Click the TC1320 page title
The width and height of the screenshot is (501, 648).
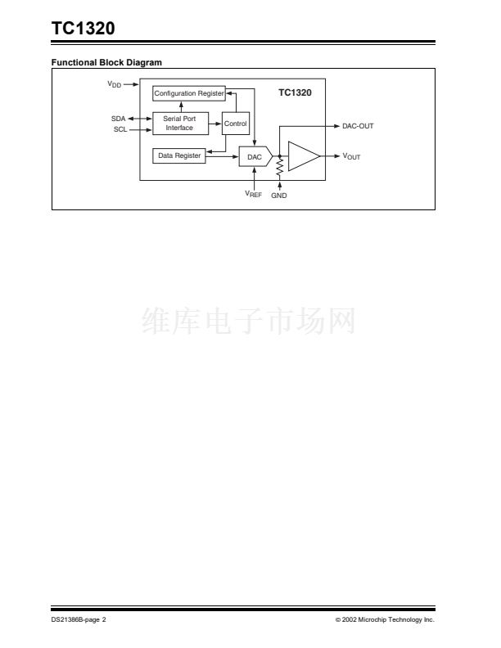coord(83,28)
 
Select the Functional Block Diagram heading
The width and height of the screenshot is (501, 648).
coord(106,62)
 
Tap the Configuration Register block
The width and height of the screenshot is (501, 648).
coord(189,93)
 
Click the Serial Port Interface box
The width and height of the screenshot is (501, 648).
coord(180,124)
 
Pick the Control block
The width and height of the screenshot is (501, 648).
coord(236,124)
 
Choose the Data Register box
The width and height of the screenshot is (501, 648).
coord(179,155)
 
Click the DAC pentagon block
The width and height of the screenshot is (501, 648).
coord(255,156)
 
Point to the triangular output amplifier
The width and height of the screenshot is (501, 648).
coord(304,156)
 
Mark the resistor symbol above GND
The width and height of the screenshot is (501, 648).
coord(280,168)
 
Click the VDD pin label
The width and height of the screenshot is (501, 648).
coord(115,84)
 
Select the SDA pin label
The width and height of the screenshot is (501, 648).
coord(118,119)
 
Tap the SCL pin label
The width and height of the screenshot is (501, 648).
coord(120,129)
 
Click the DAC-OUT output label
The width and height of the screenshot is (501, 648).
coord(358,126)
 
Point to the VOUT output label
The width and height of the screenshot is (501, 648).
coord(351,156)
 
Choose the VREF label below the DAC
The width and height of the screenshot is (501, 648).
coord(254,194)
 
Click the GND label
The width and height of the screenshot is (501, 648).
coord(279,196)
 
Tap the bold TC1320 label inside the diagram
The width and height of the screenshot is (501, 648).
coord(295,92)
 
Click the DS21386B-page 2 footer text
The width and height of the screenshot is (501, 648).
coord(79,619)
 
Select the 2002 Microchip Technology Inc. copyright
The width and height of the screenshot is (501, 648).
coord(385,619)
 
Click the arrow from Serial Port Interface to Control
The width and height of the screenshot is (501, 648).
coord(215,124)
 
